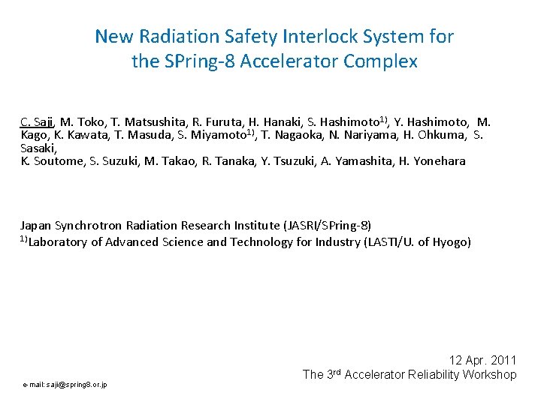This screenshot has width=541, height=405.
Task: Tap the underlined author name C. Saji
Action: (x=36, y=121)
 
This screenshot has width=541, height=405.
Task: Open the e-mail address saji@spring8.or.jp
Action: (x=65, y=385)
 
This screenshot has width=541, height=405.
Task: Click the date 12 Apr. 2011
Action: (x=482, y=361)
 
